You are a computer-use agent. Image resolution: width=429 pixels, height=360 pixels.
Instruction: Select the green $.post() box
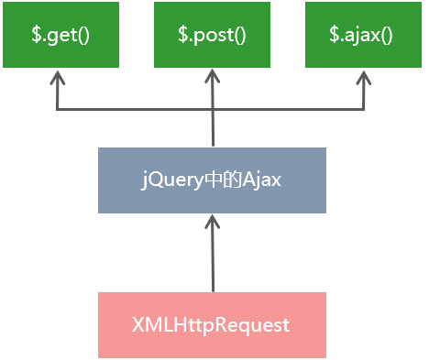coord(212,35)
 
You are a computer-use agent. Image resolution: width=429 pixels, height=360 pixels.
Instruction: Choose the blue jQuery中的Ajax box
coord(212,180)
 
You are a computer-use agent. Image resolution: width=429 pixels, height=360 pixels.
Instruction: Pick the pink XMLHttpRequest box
coord(212,325)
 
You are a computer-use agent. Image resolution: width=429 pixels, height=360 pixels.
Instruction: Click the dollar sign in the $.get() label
coord(35,35)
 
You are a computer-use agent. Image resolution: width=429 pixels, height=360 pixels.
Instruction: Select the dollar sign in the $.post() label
coord(182,35)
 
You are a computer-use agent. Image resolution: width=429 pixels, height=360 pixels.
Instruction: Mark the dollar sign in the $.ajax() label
coord(334,35)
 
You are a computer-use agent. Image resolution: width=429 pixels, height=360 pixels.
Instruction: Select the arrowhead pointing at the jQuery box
coord(212,224)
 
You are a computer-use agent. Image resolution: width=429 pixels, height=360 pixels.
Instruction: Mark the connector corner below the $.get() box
coord(58,110)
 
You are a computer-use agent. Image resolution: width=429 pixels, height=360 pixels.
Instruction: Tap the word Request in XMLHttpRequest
coord(257,325)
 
